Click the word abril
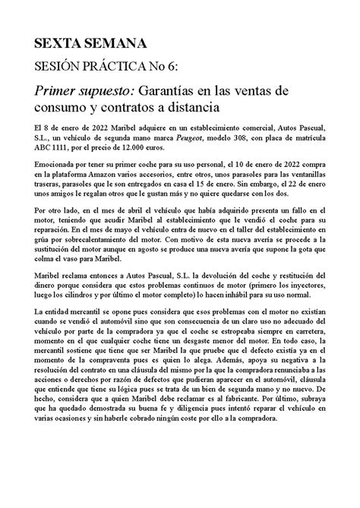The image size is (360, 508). (x=133, y=226)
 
